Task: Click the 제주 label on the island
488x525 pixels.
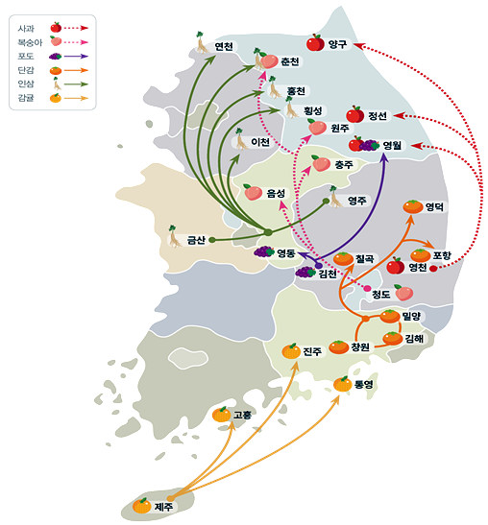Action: (163, 506)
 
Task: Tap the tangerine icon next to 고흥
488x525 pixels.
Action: (222, 415)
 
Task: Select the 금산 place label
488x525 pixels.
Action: (196, 240)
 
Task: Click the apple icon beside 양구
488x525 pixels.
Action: (315, 42)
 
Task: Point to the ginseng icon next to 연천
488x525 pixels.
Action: (201, 42)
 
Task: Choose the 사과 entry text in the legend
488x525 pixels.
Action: (26, 28)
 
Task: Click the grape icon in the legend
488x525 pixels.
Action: (56, 57)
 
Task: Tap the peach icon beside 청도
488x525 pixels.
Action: (403, 293)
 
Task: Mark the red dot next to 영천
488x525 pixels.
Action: (433, 268)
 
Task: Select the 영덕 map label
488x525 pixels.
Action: (434, 207)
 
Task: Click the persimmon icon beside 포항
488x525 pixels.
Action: (421, 255)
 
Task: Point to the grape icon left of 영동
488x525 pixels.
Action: (264, 251)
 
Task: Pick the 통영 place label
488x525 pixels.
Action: (364, 384)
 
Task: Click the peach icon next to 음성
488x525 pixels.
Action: (253, 192)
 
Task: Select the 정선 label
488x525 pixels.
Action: (378, 116)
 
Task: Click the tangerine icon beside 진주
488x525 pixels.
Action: (291, 351)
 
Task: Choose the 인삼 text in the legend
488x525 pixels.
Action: (26, 84)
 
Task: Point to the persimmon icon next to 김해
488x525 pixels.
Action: (393, 338)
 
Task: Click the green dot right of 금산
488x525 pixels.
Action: (211, 240)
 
